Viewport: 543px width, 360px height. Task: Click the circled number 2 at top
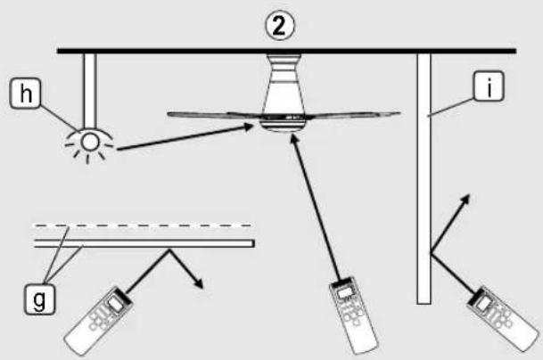tap(280, 27)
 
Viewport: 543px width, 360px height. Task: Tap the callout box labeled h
tap(25, 94)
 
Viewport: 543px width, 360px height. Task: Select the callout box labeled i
tap(489, 86)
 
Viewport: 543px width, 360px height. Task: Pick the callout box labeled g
tap(39, 299)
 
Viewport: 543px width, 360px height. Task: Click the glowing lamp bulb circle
tap(90, 142)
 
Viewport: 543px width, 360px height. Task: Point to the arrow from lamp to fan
tap(185, 137)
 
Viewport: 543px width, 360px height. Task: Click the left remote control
tap(99, 320)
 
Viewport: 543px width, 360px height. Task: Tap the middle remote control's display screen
tap(344, 293)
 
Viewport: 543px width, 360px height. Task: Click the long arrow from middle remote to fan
tap(316, 207)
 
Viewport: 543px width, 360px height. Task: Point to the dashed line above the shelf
tap(141, 225)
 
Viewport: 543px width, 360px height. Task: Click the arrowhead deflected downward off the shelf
tap(198, 282)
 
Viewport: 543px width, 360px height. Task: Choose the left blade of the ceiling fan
tap(215, 115)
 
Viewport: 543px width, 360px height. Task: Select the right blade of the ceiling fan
tap(353, 115)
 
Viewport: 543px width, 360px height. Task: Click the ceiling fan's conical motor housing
tap(284, 85)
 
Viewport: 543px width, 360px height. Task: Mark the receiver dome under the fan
tap(284, 126)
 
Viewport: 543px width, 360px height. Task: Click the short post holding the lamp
tap(90, 91)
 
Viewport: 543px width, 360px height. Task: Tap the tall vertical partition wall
tap(424, 178)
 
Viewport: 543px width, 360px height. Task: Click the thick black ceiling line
tap(287, 51)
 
